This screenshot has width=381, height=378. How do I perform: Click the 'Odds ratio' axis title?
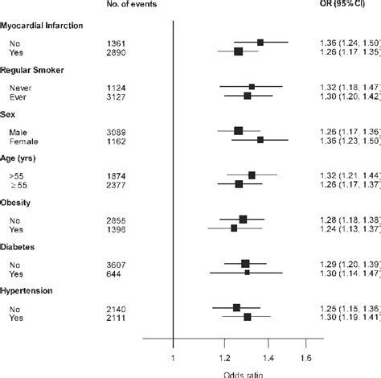241,373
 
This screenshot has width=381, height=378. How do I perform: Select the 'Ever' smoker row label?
18,96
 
